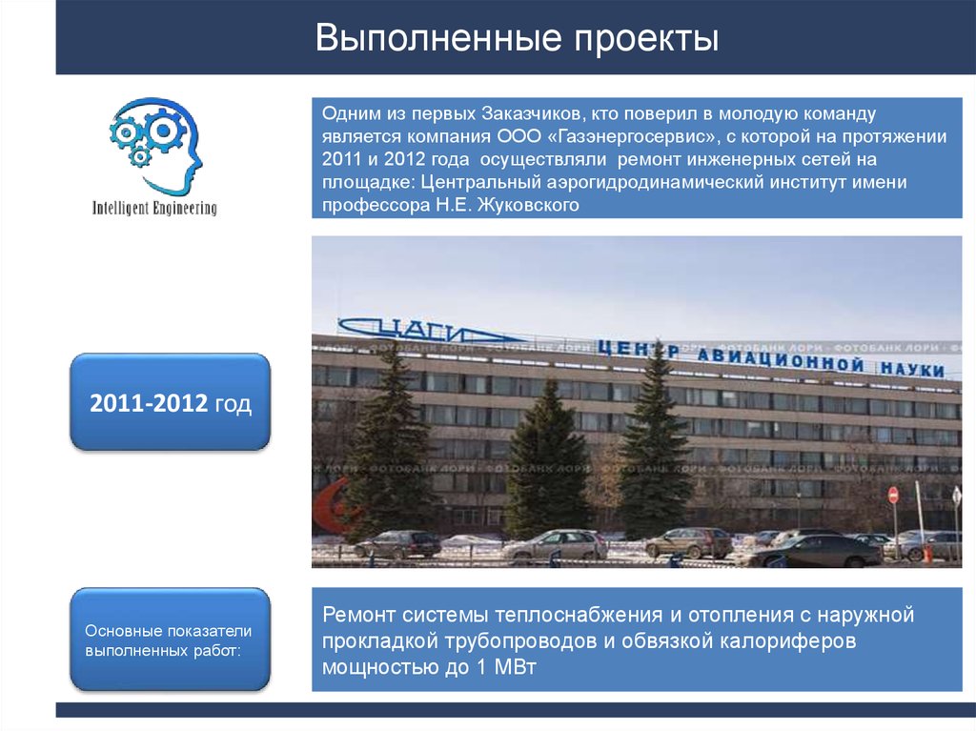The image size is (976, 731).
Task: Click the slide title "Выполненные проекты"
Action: pos(517,39)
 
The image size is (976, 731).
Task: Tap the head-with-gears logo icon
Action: pos(155,144)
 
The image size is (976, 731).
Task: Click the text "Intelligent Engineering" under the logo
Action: pos(154,208)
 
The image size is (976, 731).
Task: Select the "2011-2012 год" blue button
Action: pos(170,403)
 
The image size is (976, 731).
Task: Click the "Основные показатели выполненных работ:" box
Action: pos(170,640)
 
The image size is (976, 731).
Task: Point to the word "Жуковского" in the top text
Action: pos(535,205)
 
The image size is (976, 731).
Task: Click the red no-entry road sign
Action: pos(893,495)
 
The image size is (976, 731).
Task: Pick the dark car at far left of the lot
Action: pos(397,544)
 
